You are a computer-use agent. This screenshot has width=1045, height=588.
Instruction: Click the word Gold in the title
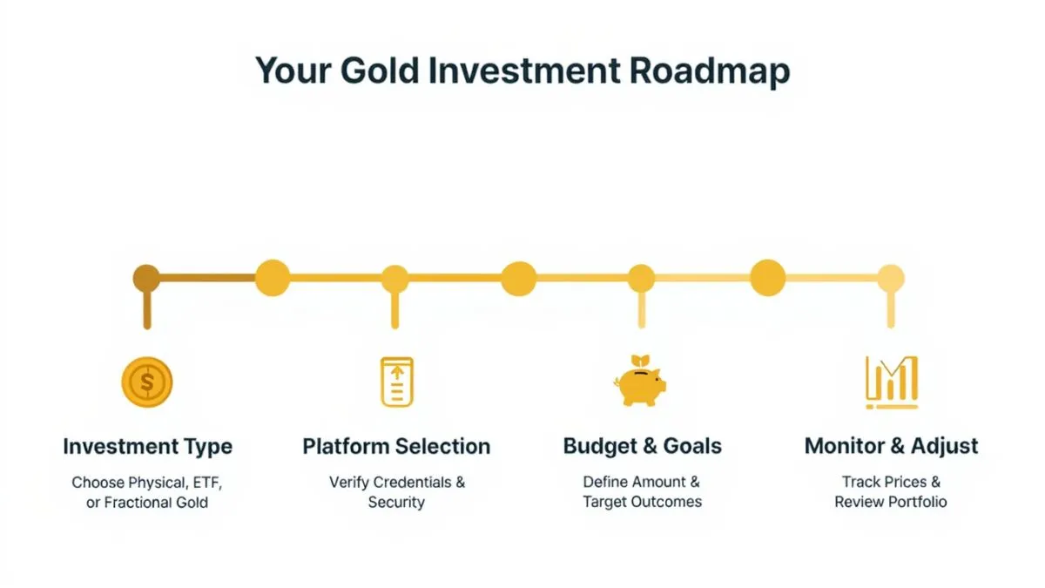374,71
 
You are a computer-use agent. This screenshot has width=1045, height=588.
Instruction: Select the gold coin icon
147,382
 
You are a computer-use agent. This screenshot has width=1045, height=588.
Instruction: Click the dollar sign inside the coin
147,382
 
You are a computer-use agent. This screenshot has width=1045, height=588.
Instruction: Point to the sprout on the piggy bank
641,362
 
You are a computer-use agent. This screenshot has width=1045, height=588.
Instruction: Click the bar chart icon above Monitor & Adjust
891,382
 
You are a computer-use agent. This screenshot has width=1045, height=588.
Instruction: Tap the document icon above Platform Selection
397,382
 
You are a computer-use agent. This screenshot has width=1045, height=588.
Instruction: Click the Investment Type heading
147,447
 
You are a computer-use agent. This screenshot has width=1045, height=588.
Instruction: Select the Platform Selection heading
396,447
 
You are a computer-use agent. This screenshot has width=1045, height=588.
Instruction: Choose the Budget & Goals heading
642,447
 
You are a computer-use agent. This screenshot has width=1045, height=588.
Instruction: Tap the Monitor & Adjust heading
891,447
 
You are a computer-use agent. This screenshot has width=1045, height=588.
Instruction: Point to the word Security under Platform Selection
396,503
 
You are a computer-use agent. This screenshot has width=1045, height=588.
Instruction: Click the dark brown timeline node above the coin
146,279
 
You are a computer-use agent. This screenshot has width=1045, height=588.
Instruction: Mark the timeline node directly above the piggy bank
641,279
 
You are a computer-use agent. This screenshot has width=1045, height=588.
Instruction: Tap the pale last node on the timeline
891,279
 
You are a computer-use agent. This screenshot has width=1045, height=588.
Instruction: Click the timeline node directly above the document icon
394,279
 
